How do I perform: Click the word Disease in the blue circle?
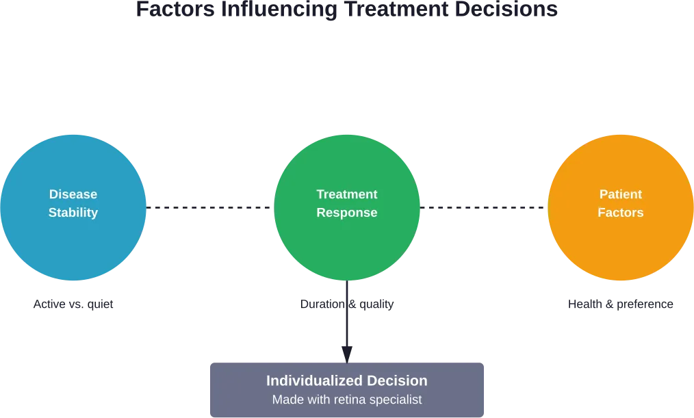click(x=73, y=194)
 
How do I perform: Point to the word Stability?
click(x=73, y=213)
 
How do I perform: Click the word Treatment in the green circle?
click(x=347, y=194)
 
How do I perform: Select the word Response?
click(x=347, y=213)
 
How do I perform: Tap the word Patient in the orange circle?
click(x=621, y=194)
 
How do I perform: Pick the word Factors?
click(x=621, y=213)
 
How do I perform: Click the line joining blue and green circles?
click(x=210, y=208)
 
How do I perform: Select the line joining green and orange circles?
click(x=484, y=208)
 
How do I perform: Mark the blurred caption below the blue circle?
click(x=73, y=305)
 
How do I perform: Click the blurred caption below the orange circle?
click(x=619, y=305)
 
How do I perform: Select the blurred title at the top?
click(x=347, y=10)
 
